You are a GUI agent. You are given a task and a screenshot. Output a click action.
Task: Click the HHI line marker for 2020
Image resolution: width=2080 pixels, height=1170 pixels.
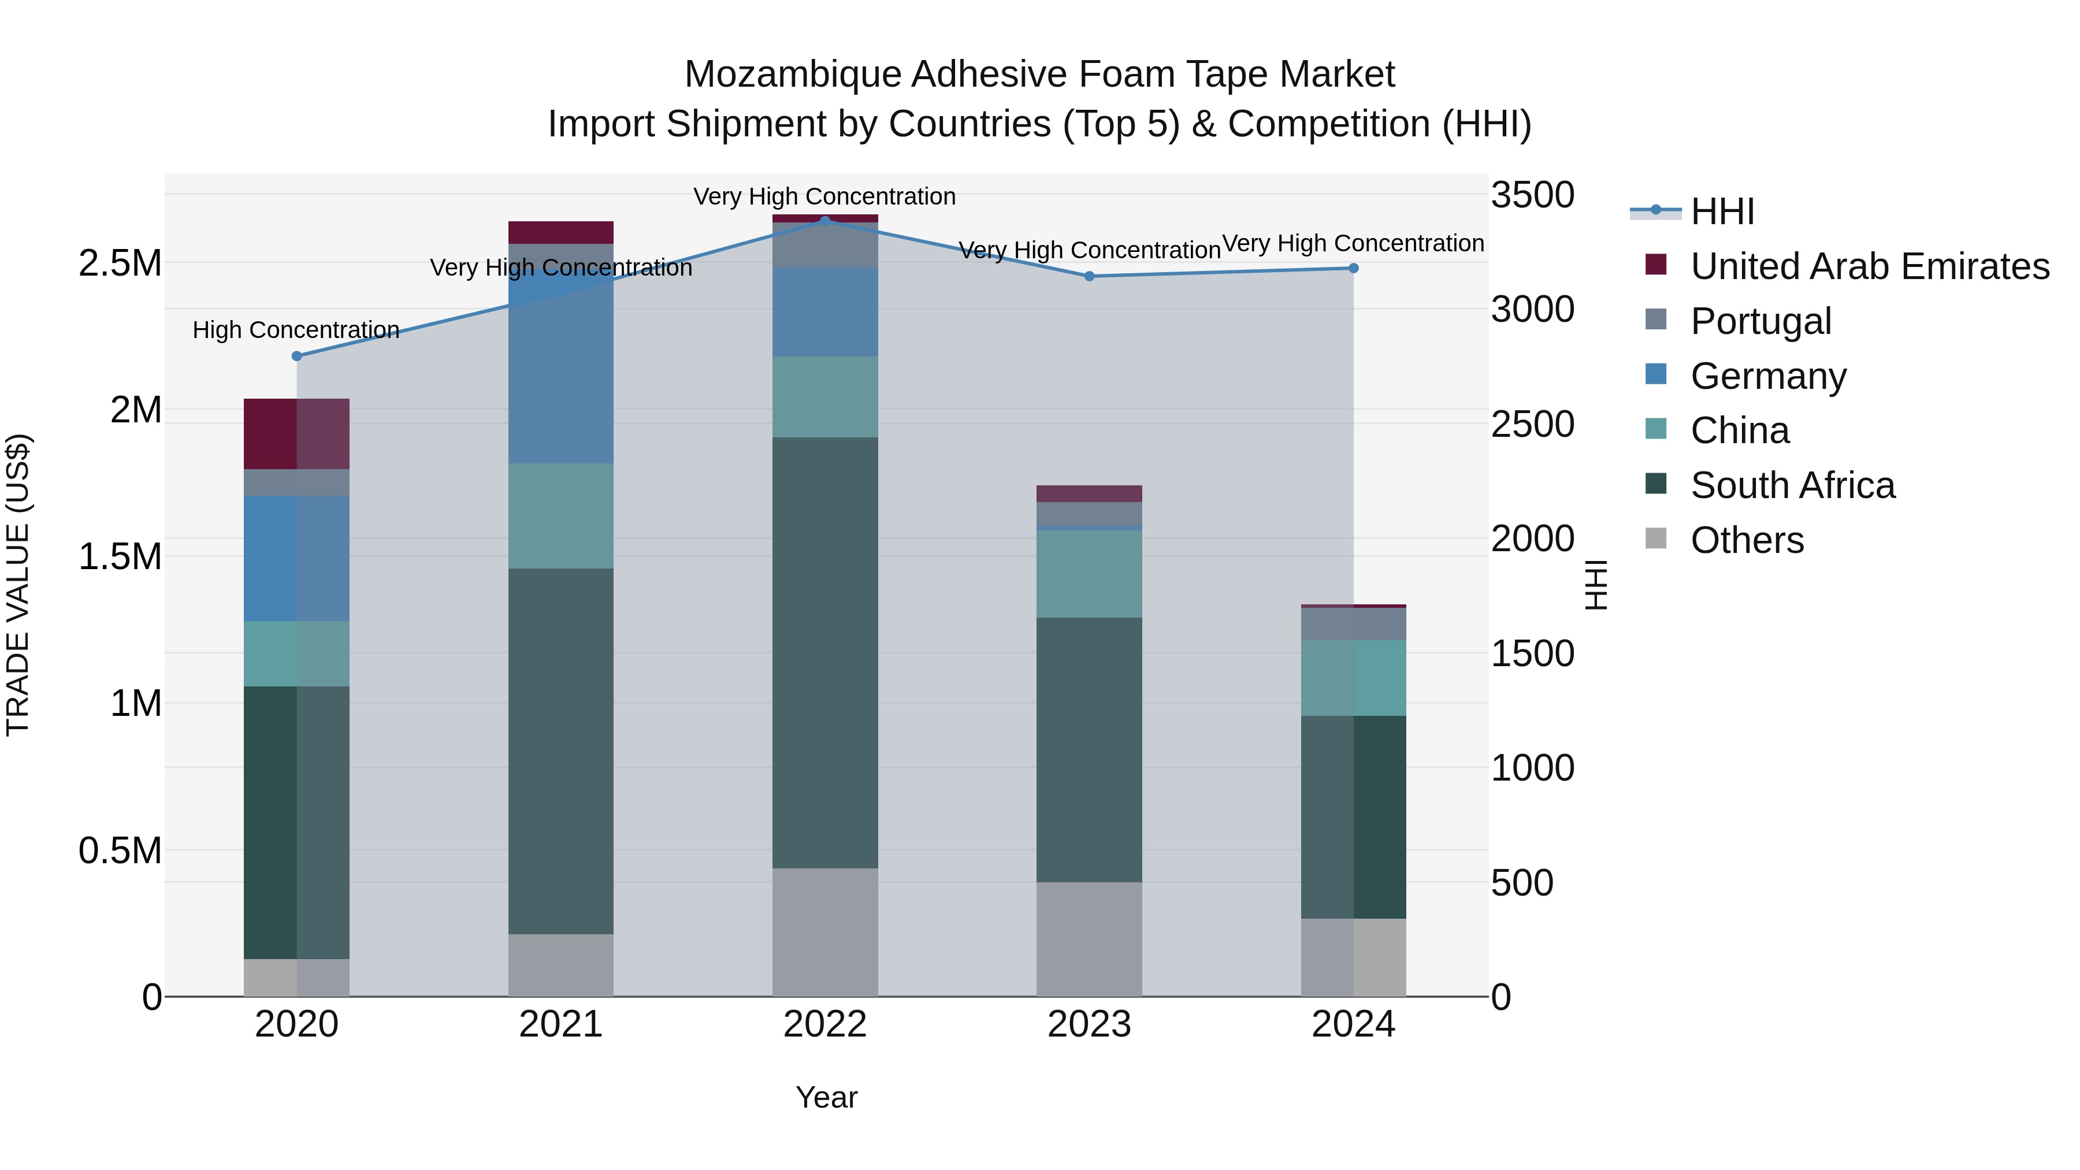click(x=296, y=356)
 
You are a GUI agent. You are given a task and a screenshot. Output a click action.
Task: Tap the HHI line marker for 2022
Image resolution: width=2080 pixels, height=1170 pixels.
click(x=825, y=221)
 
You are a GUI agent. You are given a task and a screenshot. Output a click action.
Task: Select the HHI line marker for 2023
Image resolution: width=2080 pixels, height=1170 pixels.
click(x=1089, y=276)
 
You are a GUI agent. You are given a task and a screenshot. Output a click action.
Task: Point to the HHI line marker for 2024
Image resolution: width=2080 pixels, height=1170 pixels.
click(x=1353, y=268)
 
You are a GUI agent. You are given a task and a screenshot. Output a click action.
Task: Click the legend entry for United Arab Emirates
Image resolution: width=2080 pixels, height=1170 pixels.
click(x=1869, y=266)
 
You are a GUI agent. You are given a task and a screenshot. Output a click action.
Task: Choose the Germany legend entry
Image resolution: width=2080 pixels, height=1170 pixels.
click(x=1769, y=376)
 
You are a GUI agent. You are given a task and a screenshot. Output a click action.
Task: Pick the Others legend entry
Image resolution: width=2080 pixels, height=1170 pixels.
click(x=1747, y=540)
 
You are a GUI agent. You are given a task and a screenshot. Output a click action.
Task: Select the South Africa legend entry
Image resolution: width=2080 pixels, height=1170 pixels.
click(x=1792, y=485)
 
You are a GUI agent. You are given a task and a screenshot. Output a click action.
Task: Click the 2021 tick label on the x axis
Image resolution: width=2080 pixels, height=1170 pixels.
click(x=560, y=1024)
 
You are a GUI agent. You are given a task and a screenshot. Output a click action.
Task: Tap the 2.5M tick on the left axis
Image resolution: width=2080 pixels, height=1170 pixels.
click(x=120, y=263)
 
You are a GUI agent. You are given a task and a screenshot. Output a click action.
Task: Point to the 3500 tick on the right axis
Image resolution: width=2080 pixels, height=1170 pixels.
click(x=1532, y=195)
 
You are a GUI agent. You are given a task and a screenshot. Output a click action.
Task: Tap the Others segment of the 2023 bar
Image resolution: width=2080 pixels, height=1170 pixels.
click(x=1089, y=938)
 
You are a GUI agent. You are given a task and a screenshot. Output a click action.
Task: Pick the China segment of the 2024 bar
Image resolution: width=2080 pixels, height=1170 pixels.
click(x=1353, y=678)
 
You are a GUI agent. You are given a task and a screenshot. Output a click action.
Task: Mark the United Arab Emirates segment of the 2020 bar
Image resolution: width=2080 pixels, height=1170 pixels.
click(x=296, y=433)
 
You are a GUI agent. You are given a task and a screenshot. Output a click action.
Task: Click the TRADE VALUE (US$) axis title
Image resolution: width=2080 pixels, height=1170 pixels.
click(x=18, y=585)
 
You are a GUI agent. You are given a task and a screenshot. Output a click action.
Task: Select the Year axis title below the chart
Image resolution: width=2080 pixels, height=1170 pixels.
click(x=826, y=1097)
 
